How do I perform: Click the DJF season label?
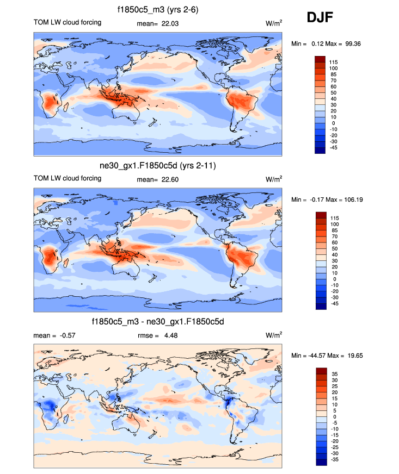coord(321,18)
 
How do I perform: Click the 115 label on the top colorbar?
coord(334,62)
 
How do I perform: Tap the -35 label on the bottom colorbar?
coord(333,459)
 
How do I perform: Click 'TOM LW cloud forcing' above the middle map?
coord(67,179)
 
